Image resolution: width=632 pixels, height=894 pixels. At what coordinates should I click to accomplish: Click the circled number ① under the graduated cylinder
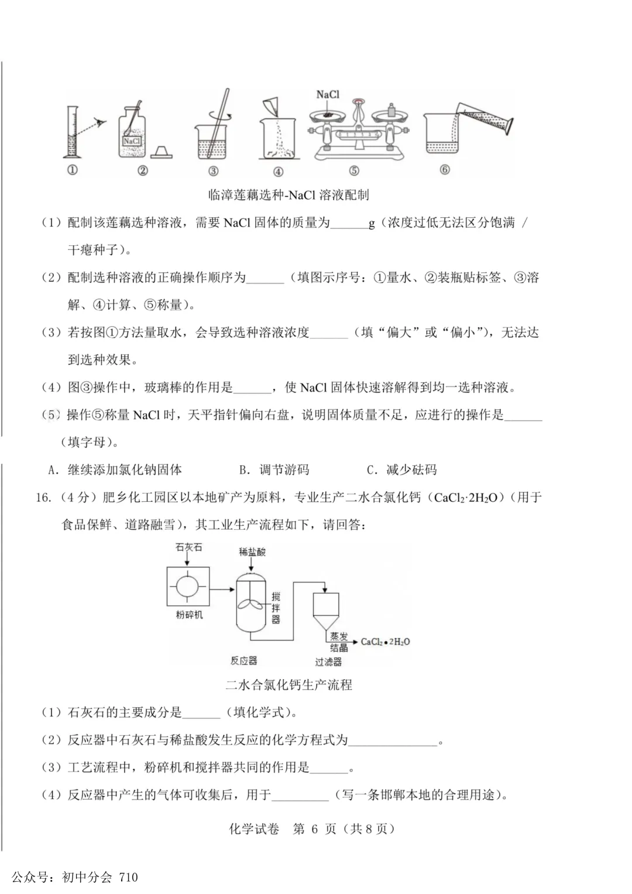click(73, 170)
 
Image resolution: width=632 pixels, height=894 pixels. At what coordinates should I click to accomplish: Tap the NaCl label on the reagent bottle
click(132, 141)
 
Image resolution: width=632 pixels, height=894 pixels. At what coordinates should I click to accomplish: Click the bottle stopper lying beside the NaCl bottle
click(161, 152)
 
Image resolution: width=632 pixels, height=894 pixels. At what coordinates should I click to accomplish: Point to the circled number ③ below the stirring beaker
click(213, 171)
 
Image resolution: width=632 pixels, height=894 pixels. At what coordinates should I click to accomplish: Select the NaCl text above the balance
click(328, 94)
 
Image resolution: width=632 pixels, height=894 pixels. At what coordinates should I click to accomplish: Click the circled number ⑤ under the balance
click(354, 171)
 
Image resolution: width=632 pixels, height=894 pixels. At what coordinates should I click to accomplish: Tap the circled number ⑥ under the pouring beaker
click(445, 170)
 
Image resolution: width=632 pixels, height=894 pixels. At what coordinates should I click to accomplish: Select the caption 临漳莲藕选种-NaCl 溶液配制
click(288, 195)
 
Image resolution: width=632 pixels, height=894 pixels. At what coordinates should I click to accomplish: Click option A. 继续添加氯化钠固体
click(115, 470)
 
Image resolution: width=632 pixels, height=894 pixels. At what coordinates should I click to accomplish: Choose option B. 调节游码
click(274, 470)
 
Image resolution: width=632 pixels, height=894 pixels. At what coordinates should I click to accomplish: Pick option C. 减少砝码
click(401, 470)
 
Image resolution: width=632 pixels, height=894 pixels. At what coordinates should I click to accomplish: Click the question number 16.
click(43, 498)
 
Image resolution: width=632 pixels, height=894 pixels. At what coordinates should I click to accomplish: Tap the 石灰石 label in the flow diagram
click(188, 547)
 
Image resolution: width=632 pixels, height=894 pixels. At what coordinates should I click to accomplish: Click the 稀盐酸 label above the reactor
click(252, 552)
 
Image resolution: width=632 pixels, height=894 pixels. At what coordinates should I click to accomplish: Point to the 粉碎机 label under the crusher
click(189, 615)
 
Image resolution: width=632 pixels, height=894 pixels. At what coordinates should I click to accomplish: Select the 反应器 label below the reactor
click(243, 660)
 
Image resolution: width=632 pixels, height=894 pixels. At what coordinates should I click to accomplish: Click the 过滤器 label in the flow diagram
click(328, 662)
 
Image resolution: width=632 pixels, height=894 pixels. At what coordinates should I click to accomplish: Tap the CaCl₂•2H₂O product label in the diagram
click(385, 642)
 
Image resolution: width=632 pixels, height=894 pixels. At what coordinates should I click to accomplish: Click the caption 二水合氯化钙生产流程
click(288, 685)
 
